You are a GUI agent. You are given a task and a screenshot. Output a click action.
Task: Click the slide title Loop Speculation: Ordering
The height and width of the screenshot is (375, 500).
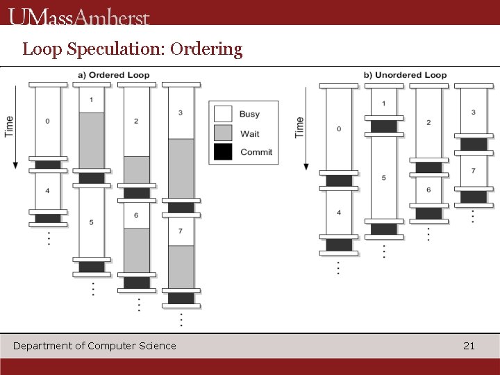coord(133,49)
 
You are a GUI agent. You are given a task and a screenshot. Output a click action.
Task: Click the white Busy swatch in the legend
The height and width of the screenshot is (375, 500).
coord(223,114)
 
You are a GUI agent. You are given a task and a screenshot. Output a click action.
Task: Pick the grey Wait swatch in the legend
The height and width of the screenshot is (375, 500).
coord(223,133)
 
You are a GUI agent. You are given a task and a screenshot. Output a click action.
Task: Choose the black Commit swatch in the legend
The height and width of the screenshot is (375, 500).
coord(223,152)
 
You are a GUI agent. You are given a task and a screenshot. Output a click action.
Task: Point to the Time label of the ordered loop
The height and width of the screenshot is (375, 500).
coord(9,126)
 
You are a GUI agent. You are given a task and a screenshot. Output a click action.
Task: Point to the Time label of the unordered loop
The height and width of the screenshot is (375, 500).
coord(299,127)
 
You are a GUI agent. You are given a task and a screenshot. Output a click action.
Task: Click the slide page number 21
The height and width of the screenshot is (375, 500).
coord(469,346)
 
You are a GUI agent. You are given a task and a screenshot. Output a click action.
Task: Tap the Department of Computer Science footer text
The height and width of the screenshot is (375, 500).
coord(94,346)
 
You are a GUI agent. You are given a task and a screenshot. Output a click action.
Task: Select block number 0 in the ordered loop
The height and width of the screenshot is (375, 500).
coord(47,122)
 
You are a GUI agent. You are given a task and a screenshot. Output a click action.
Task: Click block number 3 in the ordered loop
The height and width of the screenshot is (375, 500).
coord(181,112)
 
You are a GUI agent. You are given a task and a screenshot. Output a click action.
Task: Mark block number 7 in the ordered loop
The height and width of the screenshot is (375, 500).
coord(181,231)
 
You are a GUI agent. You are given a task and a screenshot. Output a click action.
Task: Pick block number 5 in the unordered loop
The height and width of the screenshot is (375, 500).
coord(383,178)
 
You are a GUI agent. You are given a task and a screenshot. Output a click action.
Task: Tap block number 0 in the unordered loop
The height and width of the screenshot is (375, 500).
coord(338,128)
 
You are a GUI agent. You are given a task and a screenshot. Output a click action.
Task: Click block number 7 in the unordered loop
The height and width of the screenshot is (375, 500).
coord(473,171)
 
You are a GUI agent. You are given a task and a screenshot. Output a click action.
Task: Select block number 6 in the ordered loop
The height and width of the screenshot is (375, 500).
coord(136,215)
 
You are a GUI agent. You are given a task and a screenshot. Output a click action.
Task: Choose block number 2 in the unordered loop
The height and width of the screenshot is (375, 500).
coord(428,123)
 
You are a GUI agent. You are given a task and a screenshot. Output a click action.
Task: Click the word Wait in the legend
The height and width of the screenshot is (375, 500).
coord(249,133)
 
